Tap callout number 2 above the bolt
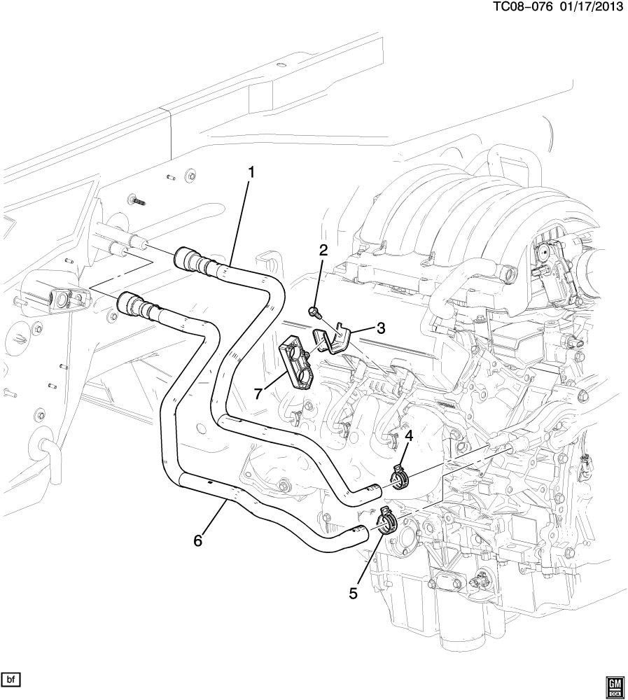tap(323, 251)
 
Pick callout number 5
tap(354, 593)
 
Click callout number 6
tap(198, 540)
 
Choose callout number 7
tap(258, 394)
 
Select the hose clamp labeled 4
tap(399, 479)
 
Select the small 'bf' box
tap(12, 680)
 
